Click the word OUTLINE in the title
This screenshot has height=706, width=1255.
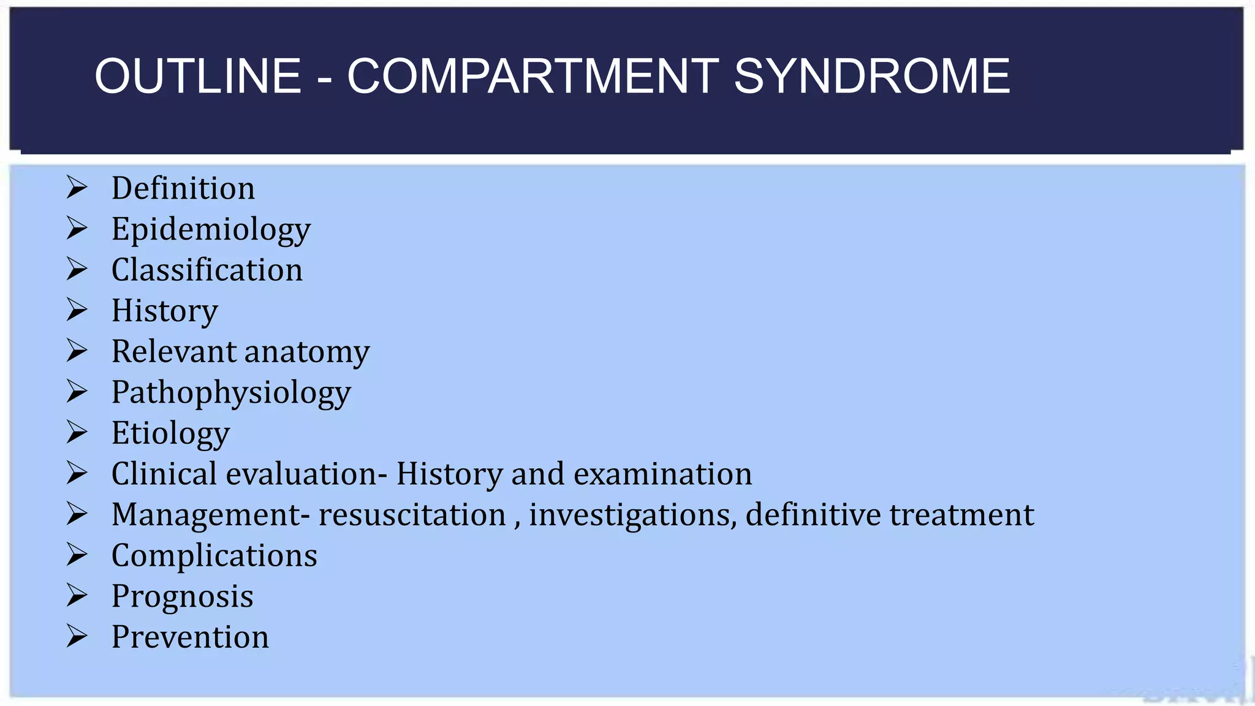pyautogui.click(x=198, y=76)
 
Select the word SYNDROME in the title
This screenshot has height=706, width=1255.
pyautogui.click(x=871, y=76)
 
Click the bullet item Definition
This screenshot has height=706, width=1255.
pyautogui.click(x=183, y=188)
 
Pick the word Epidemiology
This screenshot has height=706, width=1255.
pyautogui.click(x=211, y=230)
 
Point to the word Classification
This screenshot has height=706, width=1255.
pyautogui.click(x=207, y=270)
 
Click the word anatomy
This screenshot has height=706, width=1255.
pyautogui.click(x=307, y=352)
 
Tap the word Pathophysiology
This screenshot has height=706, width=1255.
pyautogui.click(x=231, y=393)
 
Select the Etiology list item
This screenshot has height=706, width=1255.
pyautogui.click(x=170, y=433)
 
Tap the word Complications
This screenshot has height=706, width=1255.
pyautogui.click(x=214, y=556)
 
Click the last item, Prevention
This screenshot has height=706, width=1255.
pyautogui.click(x=190, y=637)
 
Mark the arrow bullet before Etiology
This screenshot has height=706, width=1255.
pyautogui.click(x=77, y=432)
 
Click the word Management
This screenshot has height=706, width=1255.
pyautogui.click(x=206, y=515)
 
